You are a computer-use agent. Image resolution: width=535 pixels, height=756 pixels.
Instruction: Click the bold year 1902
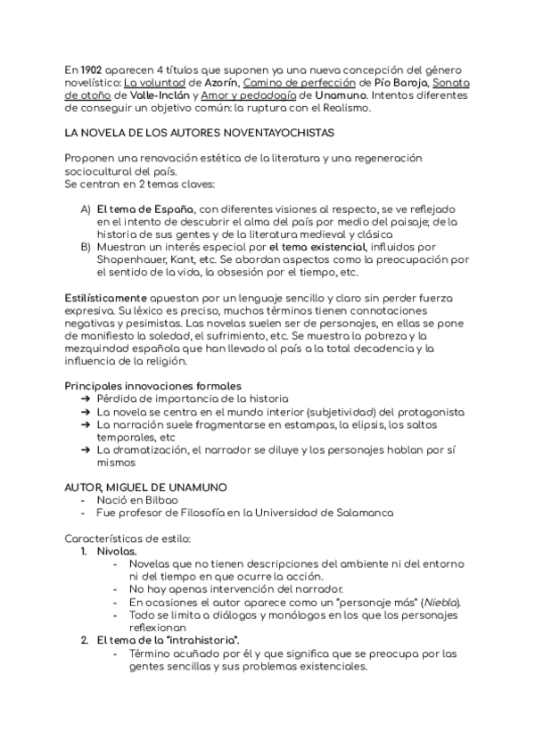(x=91, y=70)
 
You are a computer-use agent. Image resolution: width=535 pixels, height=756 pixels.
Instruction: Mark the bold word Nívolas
(x=117, y=551)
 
